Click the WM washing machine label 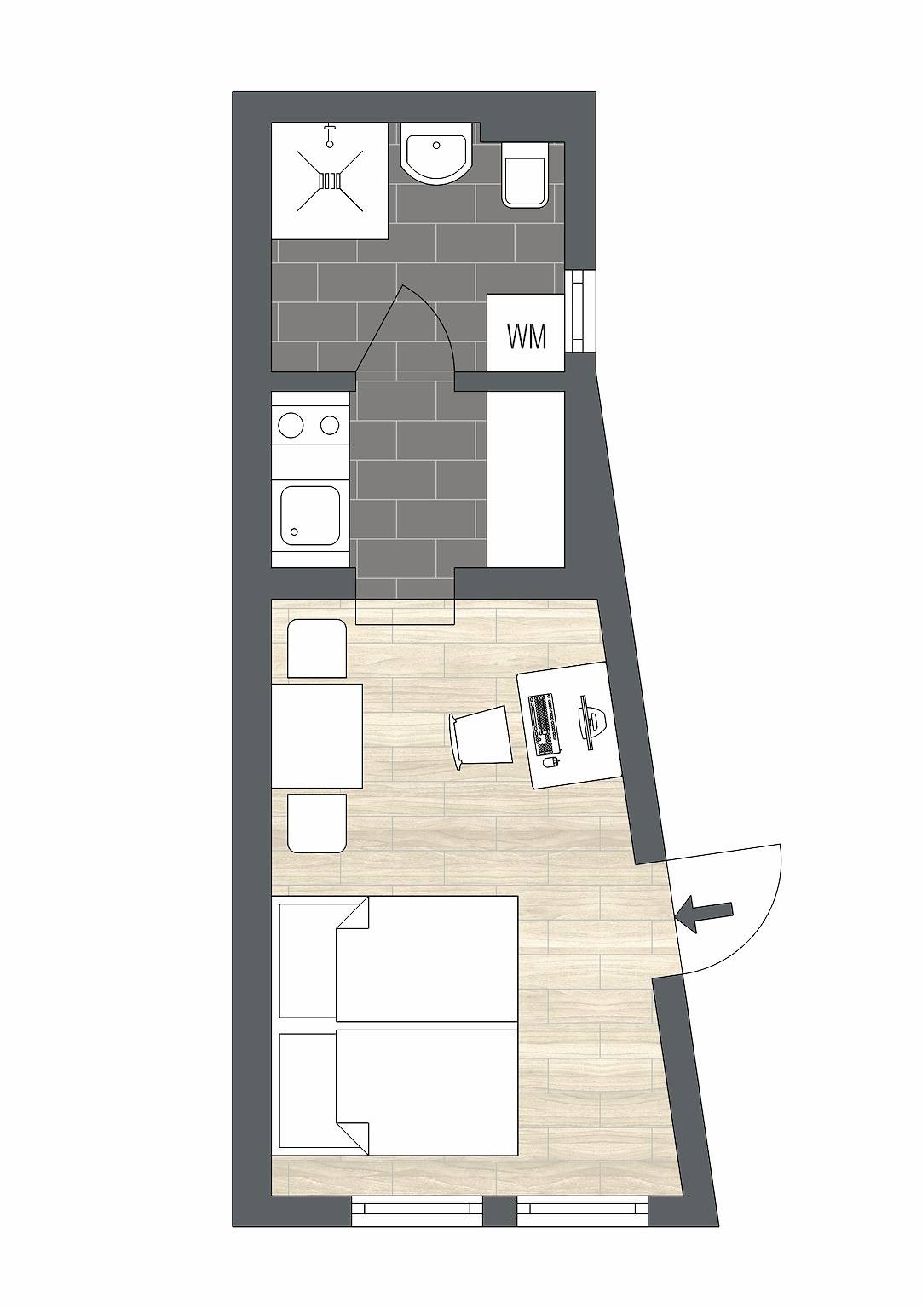click(x=526, y=336)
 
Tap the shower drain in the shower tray click(x=330, y=180)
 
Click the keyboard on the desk click(x=540, y=725)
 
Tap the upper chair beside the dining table click(x=317, y=649)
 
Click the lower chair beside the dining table click(x=317, y=823)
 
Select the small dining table click(x=317, y=736)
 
